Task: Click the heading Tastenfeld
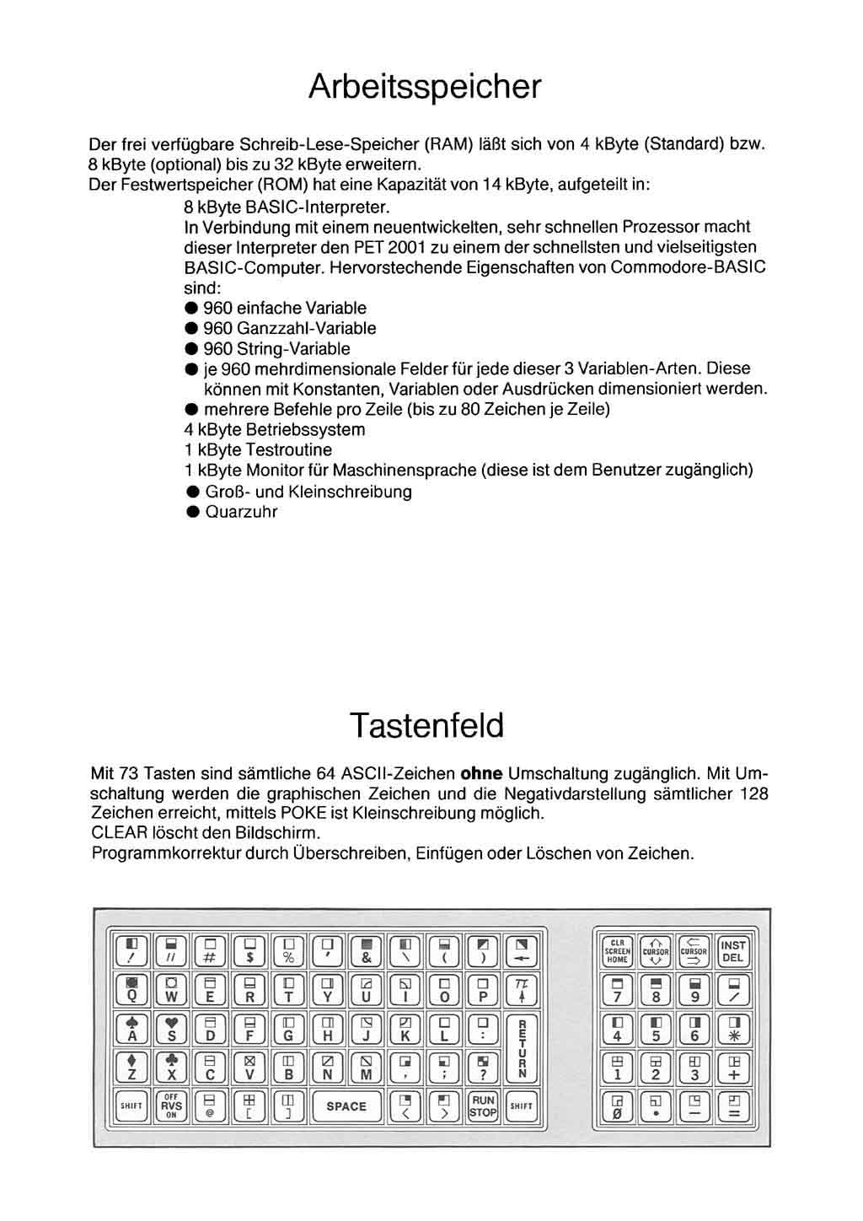click(x=426, y=725)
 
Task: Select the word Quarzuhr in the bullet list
click(x=241, y=512)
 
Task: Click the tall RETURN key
click(x=522, y=1050)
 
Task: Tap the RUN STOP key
click(x=483, y=1106)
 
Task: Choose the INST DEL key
click(x=733, y=952)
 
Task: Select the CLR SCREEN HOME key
click(x=617, y=952)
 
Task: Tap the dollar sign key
click(x=249, y=951)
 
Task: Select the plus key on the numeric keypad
click(x=733, y=1068)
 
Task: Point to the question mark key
click(x=483, y=1068)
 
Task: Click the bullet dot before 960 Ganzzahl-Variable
click(x=192, y=329)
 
